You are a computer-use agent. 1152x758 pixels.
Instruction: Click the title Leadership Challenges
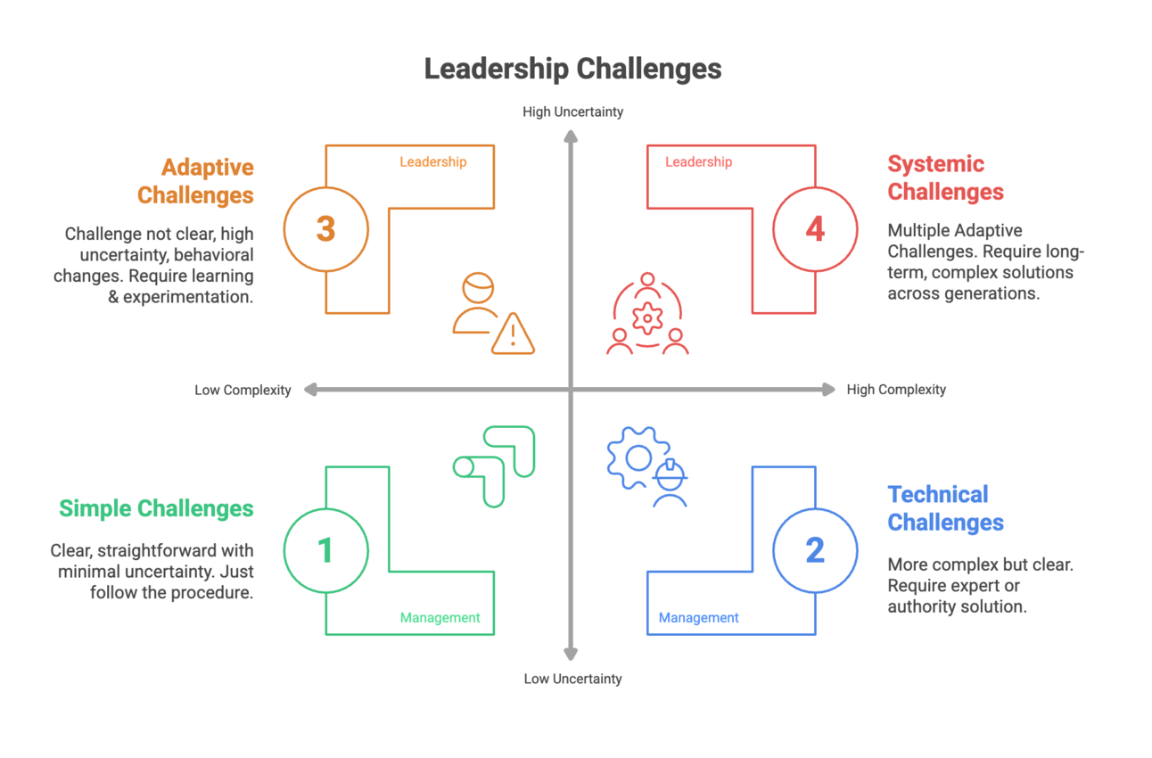[572, 69]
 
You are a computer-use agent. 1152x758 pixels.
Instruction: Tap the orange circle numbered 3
[326, 229]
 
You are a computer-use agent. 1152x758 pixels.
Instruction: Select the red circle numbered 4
[815, 229]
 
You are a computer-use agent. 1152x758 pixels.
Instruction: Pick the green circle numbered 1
[326, 550]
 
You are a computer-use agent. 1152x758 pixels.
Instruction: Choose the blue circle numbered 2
[815, 550]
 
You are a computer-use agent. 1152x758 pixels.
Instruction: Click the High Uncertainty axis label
[572, 111]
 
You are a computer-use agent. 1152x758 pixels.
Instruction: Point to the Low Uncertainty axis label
[572, 679]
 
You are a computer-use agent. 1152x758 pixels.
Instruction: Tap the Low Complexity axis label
[243, 390]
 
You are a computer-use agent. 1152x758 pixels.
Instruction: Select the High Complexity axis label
[896, 390]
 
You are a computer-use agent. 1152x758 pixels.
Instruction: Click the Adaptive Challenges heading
[195, 181]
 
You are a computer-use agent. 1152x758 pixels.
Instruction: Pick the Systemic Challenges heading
[945, 177]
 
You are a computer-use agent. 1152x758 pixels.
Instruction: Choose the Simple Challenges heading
[156, 508]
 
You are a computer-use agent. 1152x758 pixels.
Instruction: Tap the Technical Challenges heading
[945, 508]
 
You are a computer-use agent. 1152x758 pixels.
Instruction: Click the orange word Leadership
[432, 161]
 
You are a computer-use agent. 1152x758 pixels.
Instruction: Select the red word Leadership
[698, 161]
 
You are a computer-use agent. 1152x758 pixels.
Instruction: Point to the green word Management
[440, 617]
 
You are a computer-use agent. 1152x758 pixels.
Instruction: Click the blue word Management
[698, 617]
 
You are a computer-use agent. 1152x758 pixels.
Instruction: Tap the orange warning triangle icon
[513, 334]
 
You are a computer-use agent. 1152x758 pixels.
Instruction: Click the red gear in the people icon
[646, 317]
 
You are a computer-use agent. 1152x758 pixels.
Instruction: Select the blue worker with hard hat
[669, 484]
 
